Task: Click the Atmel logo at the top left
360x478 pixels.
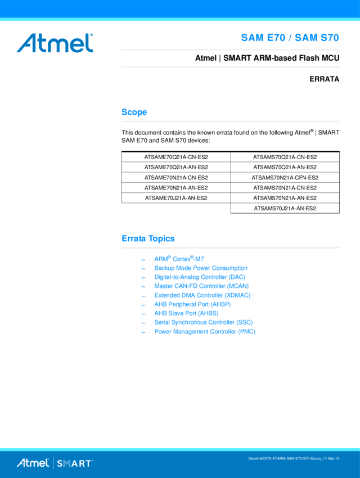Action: [x=55, y=43]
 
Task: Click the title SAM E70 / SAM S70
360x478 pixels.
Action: [x=290, y=38]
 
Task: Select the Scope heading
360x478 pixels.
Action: [x=134, y=112]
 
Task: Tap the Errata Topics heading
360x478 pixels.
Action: [x=148, y=239]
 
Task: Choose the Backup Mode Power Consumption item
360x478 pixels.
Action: [x=200, y=268]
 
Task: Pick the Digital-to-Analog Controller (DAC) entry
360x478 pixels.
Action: [x=199, y=277]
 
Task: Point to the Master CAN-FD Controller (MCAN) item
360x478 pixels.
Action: [x=201, y=286]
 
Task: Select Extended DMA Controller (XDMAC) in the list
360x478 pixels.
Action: [x=202, y=295]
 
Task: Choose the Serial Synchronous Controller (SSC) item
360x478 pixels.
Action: [x=203, y=323]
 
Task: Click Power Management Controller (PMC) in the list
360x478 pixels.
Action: [x=205, y=332]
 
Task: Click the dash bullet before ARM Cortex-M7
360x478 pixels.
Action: [x=143, y=260]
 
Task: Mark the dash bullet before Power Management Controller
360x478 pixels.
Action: [x=143, y=332]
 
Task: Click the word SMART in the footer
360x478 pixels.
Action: [x=75, y=463]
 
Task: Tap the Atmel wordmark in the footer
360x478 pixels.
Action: [x=33, y=463]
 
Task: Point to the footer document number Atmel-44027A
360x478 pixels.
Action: [x=294, y=459]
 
